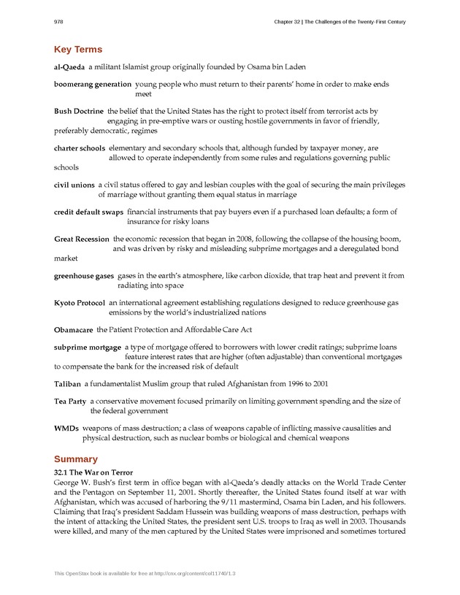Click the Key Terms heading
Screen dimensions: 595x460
[78, 50]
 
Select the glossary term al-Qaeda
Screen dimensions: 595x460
[69, 66]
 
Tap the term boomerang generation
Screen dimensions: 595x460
[93, 85]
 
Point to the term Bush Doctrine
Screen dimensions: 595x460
[79, 112]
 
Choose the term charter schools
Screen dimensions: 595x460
[80, 148]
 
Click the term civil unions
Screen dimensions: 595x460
[74, 185]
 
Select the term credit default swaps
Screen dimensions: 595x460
[88, 212]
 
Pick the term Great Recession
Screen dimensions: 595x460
[82, 239]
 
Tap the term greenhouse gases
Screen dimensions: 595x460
[84, 276]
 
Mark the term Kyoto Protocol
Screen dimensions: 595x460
[80, 303]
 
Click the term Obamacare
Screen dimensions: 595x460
[74, 330]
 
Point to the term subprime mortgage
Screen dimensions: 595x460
[88, 348]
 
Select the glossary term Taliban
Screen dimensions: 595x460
[67, 384]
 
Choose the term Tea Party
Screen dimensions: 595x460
[70, 402]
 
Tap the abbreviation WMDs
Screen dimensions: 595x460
[66, 429]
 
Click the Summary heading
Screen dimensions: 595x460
[76, 459]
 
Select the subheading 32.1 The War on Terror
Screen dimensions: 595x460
[93, 473]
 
